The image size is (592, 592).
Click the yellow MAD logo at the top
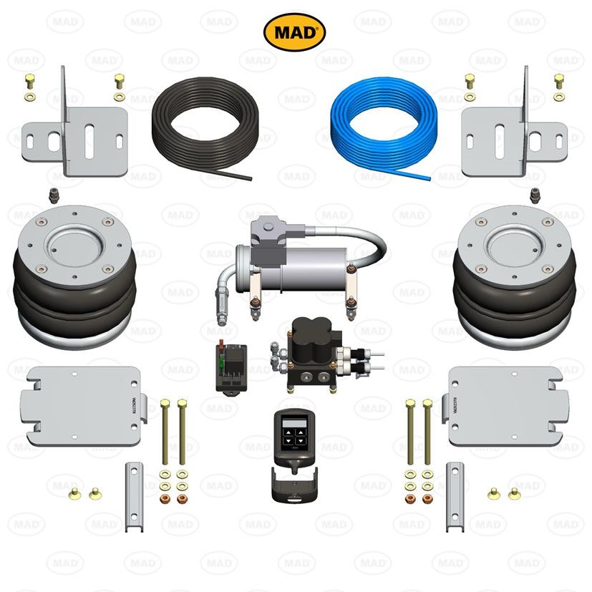pos(295,32)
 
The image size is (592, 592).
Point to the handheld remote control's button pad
pos(295,432)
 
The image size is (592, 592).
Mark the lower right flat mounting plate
pos(505,404)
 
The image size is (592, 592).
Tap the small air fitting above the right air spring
pos(534,194)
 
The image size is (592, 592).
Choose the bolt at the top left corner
pos(29,80)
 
